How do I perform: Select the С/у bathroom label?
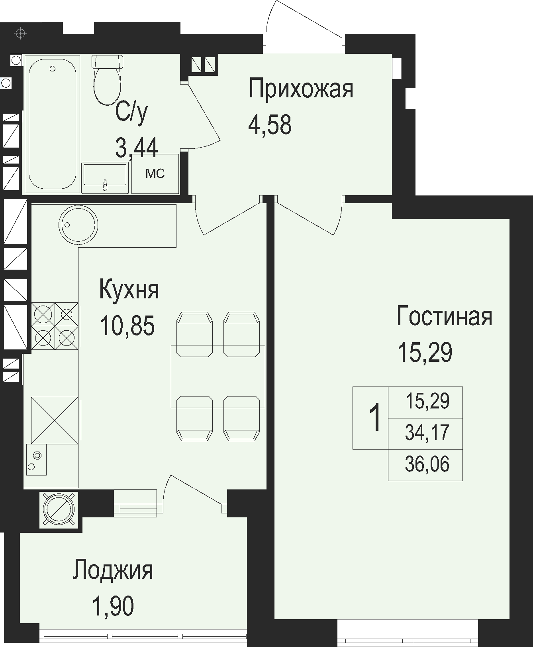131,113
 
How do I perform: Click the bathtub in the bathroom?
53,124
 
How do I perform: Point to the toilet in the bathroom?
106,80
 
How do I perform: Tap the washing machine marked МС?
155,174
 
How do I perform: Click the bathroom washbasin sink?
105,178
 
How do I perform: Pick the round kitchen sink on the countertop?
78,225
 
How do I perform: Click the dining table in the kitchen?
218,376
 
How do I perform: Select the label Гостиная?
445,316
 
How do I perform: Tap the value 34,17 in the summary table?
427,433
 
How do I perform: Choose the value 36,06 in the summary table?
427,464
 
